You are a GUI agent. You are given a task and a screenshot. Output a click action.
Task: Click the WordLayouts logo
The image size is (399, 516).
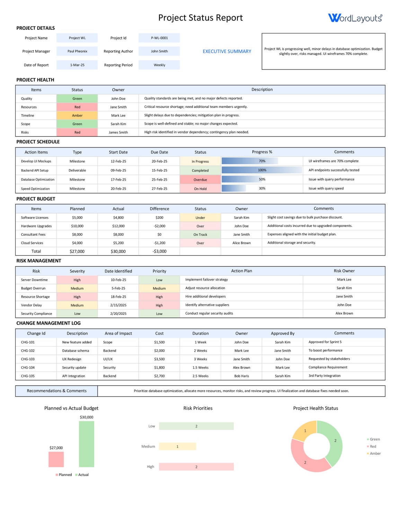pyautogui.click(x=355, y=18)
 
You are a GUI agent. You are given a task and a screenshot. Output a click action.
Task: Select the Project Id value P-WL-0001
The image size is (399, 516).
pyautogui.click(x=159, y=38)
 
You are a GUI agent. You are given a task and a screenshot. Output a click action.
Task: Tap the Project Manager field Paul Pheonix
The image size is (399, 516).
pyautogui.click(x=77, y=51)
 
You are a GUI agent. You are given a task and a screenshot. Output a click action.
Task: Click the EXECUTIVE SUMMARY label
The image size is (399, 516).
pyautogui.click(x=227, y=51)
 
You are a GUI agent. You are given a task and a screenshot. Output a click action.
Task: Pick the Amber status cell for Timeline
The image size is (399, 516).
pyautogui.click(x=77, y=116)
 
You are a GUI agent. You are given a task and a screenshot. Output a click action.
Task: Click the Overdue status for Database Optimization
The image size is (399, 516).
pyautogui.click(x=200, y=180)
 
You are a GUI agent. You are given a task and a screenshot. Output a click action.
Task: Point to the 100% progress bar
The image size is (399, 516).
pyautogui.click(x=262, y=170)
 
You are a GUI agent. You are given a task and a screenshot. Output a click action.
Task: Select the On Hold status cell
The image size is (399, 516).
pyautogui.click(x=200, y=189)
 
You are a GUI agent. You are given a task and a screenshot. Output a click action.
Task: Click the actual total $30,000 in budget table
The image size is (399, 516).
pyautogui.click(x=118, y=251)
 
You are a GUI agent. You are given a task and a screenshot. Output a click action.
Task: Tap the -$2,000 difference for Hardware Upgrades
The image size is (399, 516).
pyautogui.click(x=159, y=226)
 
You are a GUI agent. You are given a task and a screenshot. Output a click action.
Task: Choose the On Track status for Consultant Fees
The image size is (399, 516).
pyautogui.click(x=200, y=235)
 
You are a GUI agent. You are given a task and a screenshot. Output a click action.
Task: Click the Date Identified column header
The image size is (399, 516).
pyautogui.click(x=118, y=271)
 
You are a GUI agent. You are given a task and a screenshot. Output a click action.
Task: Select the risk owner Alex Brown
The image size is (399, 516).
pyautogui.click(x=344, y=313)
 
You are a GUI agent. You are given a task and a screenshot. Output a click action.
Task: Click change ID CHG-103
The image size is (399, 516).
pyautogui.click(x=28, y=359)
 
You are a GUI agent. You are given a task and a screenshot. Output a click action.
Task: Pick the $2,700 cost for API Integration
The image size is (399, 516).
pyautogui.click(x=159, y=376)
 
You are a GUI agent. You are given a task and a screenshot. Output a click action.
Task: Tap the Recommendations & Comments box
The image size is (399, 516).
pyautogui.click(x=56, y=391)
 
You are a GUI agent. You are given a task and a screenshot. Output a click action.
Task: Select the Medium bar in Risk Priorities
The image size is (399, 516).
pyautogui.click(x=177, y=446)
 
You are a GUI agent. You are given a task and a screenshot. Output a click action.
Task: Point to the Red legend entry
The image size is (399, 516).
pyautogui.click(x=373, y=446)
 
